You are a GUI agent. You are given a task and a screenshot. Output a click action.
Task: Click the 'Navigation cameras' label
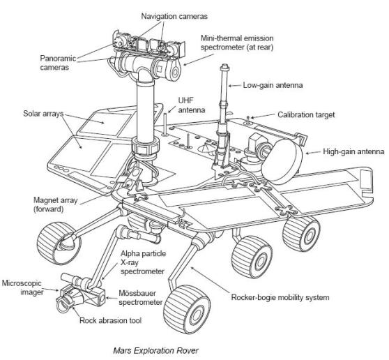[x=174, y=16]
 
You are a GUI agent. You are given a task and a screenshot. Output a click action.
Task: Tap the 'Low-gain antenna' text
[x=273, y=85]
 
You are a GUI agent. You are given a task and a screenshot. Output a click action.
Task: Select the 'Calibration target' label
[x=306, y=114]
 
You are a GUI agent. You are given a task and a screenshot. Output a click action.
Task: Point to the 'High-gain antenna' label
[x=353, y=151]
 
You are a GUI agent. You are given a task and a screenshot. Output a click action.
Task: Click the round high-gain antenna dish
[x=282, y=159]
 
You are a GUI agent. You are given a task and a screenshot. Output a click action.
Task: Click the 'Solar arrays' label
[x=43, y=114]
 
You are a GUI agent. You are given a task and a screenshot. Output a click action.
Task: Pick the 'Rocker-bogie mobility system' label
[x=280, y=297]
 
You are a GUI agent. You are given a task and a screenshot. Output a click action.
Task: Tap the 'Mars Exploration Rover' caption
[x=155, y=350]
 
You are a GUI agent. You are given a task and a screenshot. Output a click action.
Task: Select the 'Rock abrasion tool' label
[x=110, y=320]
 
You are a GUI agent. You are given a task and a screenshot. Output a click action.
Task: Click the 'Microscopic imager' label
[x=22, y=287]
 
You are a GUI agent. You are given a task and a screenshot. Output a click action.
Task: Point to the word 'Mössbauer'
[x=137, y=293]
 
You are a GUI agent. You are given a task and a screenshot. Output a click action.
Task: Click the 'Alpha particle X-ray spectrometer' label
[x=143, y=262]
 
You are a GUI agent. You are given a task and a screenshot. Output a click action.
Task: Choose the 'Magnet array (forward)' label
[x=55, y=204]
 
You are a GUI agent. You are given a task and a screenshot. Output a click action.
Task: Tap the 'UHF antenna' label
[x=192, y=105]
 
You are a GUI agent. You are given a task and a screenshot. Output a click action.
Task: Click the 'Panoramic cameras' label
[x=58, y=63]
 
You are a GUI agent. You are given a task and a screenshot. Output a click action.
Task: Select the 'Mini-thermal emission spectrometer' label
[x=237, y=43]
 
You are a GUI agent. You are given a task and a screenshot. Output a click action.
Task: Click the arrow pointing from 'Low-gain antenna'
[x=235, y=86]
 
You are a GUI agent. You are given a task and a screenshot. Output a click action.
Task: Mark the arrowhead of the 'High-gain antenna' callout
[x=307, y=153]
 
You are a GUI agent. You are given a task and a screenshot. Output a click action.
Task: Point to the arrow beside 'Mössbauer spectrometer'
[x=112, y=298]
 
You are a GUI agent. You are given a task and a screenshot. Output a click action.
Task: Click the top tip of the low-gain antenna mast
[x=225, y=65]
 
